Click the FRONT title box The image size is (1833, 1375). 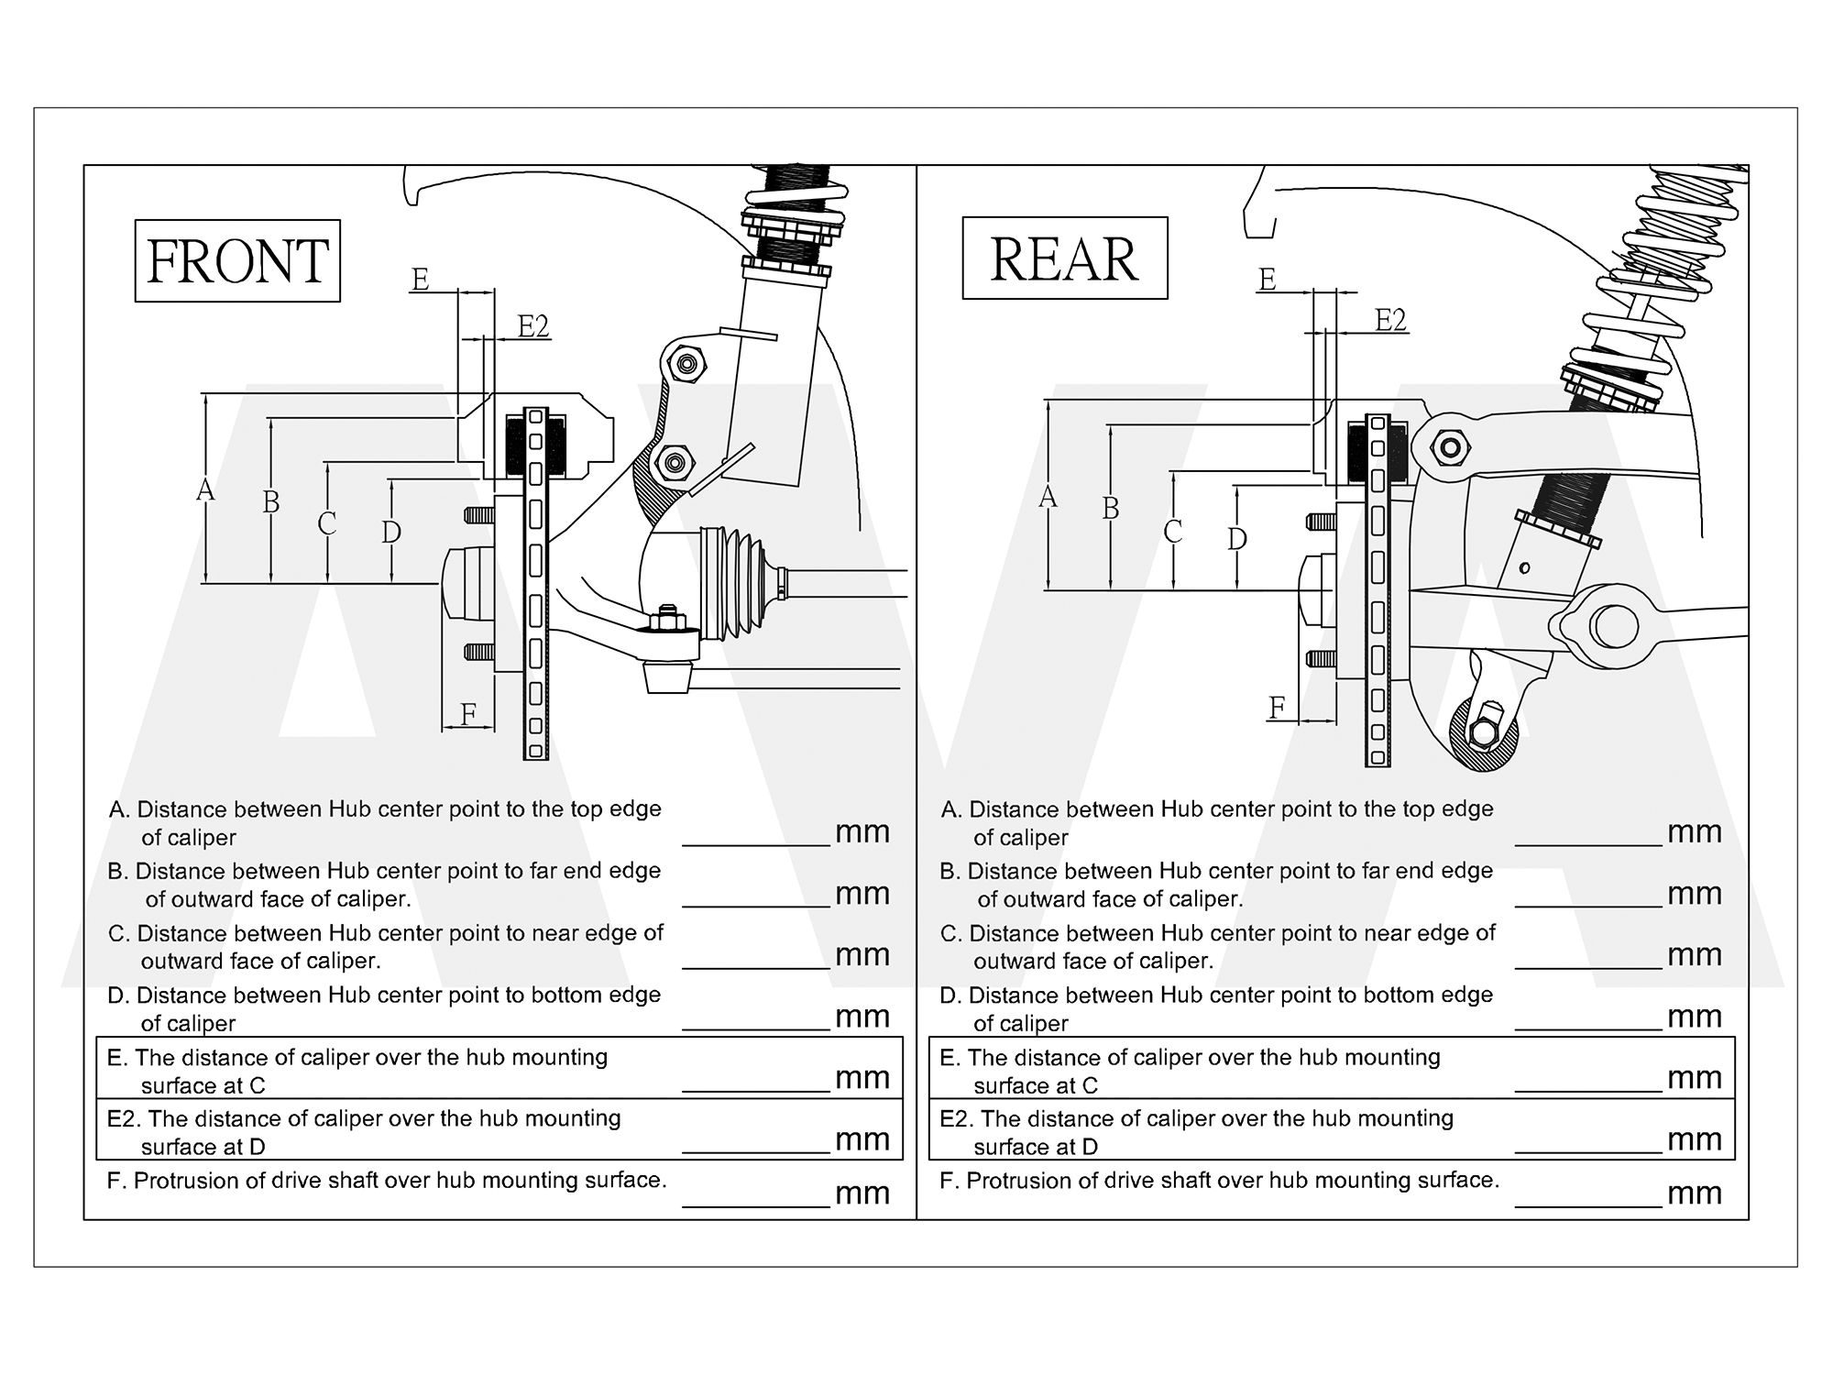click(237, 261)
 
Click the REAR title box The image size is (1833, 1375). click(1064, 258)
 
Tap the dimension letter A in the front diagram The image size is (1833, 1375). click(205, 490)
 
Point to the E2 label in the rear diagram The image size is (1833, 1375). click(1390, 320)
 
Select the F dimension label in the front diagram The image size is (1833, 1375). click(468, 713)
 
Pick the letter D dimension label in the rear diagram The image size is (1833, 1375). click(1237, 539)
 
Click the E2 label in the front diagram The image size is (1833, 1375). click(533, 326)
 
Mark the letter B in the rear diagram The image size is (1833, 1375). click(1111, 508)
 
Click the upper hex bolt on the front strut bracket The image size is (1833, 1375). click(686, 365)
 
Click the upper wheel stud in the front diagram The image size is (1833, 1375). click(479, 515)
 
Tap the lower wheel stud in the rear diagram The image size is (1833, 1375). click(1321, 658)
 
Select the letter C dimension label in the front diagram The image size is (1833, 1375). click(327, 523)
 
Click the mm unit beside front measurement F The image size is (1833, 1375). click(862, 1193)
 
